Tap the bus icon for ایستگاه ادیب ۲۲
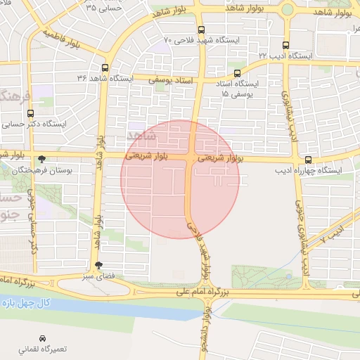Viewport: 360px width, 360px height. tap(285, 44)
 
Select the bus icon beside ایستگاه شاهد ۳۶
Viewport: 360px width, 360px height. tap(105, 68)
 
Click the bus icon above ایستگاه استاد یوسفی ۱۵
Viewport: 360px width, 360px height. tap(237, 72)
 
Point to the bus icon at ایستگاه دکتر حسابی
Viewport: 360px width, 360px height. tap(30, 112)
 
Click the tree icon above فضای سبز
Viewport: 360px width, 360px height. tap(98, 265)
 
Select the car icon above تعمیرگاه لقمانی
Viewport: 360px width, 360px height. tap(43, 337)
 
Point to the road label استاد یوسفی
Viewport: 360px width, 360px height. tap(171, 82)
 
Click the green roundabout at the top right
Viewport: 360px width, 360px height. tap(287, 10)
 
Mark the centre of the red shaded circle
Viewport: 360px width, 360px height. tap(180, 179)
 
